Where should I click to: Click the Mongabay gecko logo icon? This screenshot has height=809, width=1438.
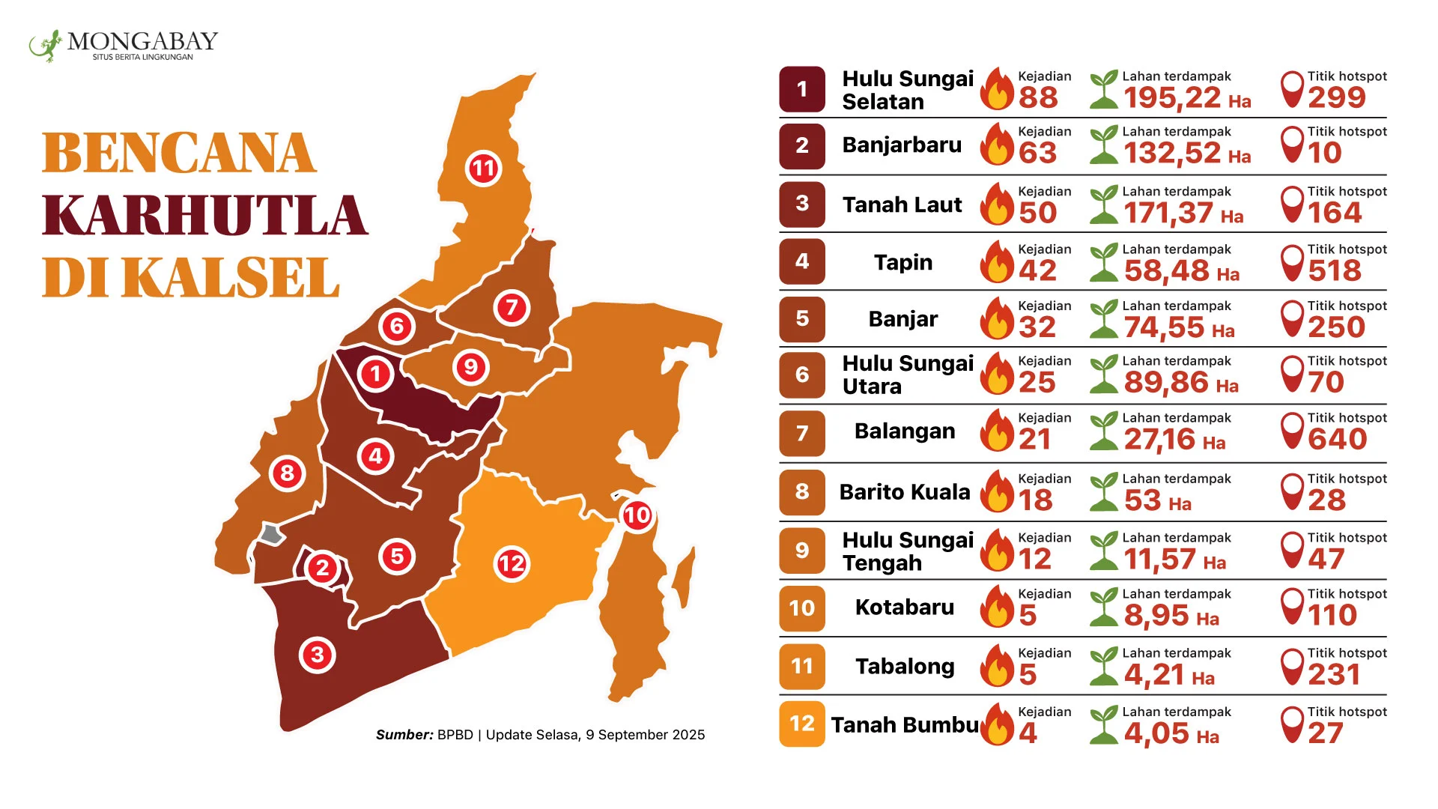click(x=45, y=46)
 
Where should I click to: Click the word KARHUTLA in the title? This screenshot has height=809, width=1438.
click(x=204, y=216)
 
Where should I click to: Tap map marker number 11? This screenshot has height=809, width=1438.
click(x=484, y=169)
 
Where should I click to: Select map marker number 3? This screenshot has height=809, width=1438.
click(x=318, y=655)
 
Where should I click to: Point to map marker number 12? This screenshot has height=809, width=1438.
click(x=512, y=563)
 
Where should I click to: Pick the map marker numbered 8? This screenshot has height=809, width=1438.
click(x=287, y=473)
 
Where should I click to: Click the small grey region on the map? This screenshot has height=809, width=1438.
click(x=270, y=534)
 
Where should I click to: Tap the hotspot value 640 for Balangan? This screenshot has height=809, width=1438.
click(x=1338, y=439)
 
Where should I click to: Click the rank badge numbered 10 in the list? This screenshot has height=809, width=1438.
click(x=802, y=608)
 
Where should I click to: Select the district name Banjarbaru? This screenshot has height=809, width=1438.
click(x=902, y=145)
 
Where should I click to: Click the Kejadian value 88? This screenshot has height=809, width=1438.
click(x=1038, y=97)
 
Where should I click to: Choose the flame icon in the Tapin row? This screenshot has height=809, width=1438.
click(x=998, y=261)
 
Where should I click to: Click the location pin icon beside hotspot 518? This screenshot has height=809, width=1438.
click(x=1293, y=262)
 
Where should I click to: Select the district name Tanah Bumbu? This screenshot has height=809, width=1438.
click(x=905, y=725)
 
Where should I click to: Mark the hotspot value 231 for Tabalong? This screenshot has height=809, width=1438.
click(x=1335, y=675)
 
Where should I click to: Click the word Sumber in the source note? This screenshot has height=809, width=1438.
click(x=404, y=735)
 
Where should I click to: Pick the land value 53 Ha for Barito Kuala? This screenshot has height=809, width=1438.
click(x=1158, y=500)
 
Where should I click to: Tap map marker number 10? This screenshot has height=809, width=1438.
click(x=637, y=515)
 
